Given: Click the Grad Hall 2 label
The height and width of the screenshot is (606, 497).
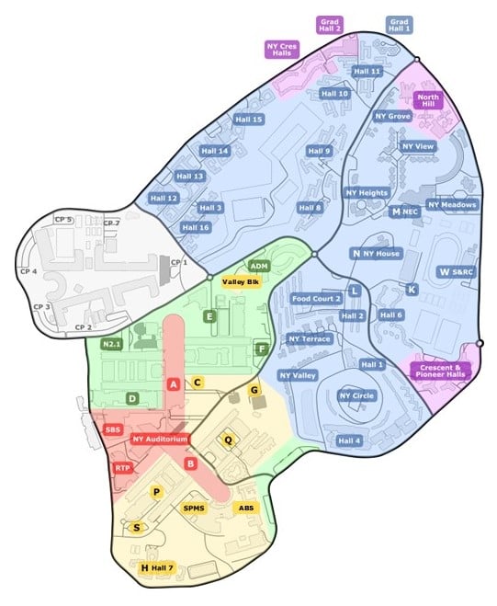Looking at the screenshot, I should [x=330, y=24].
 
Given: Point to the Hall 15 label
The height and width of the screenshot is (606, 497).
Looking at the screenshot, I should [x=245, y=120].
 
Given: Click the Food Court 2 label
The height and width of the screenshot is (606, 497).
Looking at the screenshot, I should [x=316, y=298].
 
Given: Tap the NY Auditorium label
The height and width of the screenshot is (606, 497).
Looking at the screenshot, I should [x=160, y=440].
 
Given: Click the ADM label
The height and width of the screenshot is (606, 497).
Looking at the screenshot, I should [x=259, y=266].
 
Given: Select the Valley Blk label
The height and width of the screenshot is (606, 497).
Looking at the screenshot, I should [x=242, y=281].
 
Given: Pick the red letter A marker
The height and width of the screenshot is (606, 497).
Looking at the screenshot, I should [x=174, y=383].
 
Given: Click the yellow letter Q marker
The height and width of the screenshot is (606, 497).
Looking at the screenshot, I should [x=230, y=440].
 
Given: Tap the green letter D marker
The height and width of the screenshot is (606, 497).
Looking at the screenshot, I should [x=133, y=398].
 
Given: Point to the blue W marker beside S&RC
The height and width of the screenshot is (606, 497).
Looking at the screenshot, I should [x=444, y=272].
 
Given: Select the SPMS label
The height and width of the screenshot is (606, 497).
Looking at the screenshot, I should [x=194, y=508].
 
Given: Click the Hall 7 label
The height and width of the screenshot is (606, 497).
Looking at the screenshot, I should [x=162, y=569].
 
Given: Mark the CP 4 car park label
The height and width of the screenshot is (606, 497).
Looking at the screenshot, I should [x=28, y=272].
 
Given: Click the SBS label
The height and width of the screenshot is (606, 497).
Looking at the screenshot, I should [x=114, y=429].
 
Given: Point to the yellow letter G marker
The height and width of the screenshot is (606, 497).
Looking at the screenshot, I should [x=255, y=391].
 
